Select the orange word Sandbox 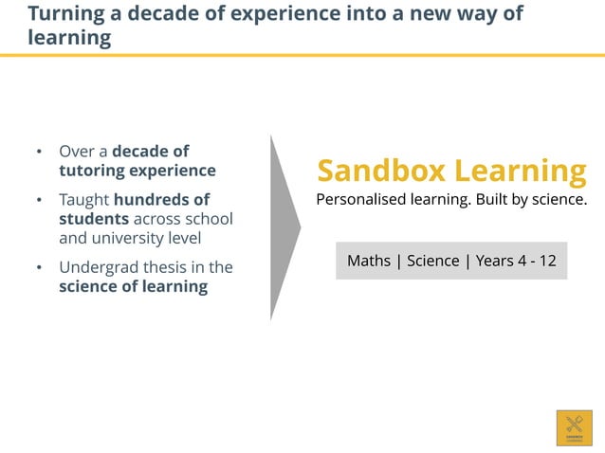point(381,172)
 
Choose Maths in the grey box point(369,261)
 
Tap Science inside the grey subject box point(433,261)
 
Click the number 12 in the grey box point(547,261)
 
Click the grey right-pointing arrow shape point(283,227)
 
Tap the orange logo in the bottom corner point(574,427)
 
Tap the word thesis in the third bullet point(162,267)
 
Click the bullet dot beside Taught point(39,201)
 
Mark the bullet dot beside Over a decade point(39,152)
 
